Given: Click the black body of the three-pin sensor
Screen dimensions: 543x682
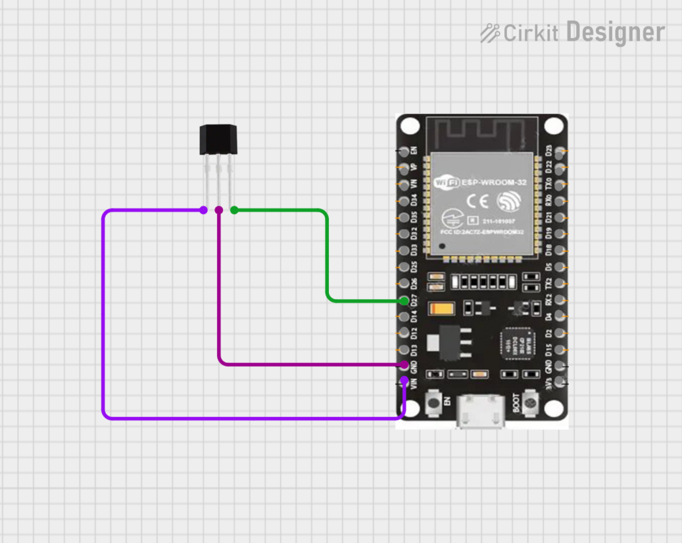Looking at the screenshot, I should click(218, 140).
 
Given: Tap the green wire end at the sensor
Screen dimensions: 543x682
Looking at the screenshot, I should click(234, 211).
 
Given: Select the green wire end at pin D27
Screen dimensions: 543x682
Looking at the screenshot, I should click(405, 301).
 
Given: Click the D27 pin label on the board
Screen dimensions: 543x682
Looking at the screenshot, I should click(414, 301).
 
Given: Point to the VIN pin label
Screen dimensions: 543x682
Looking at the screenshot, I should click(414, 384).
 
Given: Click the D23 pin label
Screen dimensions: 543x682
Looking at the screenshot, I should click(549, 151).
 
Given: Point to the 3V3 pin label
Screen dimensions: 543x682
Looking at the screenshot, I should click(549, 383).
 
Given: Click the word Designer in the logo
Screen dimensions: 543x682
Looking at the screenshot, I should click(615, 32).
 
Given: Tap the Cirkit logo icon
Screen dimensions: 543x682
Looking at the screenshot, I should click(490, 32).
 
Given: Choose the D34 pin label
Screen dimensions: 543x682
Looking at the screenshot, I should click(414, 201).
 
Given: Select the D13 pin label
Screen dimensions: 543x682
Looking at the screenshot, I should click(414, 350).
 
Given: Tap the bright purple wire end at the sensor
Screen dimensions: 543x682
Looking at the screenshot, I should click(203, 211).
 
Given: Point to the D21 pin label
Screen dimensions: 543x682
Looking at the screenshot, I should click(549, 217).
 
